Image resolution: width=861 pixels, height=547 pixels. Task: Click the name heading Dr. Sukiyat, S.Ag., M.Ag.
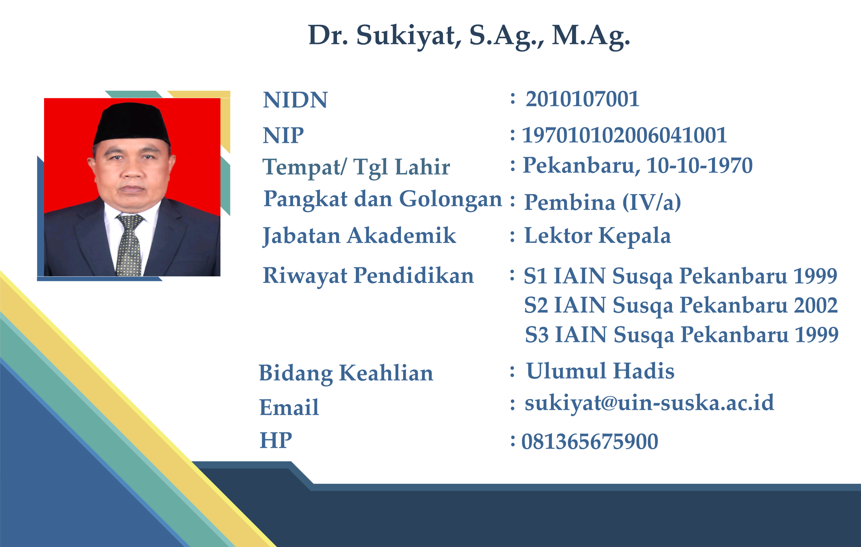coord(469,36)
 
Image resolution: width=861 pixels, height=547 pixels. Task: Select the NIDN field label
coord(295,100)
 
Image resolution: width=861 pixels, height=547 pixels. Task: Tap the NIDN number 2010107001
coord(582,99)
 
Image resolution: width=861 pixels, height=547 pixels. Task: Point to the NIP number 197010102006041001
coord(624,135)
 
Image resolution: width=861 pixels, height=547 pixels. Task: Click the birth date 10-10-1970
coord(699,165)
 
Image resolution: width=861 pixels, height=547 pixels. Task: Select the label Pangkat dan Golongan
coord(383,199)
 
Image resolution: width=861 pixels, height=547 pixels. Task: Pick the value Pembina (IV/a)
coord(602,203)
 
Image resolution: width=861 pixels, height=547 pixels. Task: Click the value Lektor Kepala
coord(597,236)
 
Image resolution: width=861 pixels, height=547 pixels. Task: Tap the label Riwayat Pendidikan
coord(368,276)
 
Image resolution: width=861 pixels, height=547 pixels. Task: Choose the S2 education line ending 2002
coord(681,306)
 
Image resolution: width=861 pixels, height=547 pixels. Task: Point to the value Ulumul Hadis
coord(600,371)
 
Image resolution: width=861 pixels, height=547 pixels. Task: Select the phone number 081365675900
coord(590,441)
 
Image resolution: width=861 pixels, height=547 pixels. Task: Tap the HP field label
coord(276,440)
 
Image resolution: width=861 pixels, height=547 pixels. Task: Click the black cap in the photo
coord(132,123)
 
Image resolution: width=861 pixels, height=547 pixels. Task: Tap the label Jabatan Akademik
coord(359,236)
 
